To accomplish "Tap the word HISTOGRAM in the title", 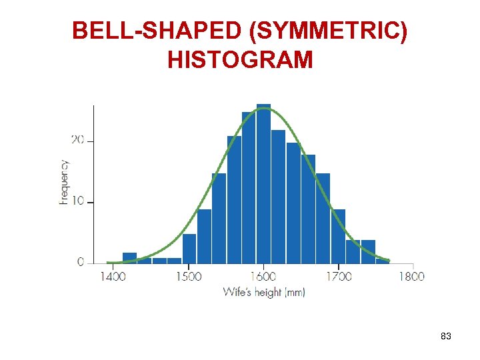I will coord(240,60).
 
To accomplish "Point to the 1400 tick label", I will coord(113,276).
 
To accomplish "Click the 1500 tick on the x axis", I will coord(189,276).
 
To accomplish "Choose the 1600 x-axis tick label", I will coord(264,276).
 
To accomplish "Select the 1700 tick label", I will coord(339,276).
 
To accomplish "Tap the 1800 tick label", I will coord(412,276).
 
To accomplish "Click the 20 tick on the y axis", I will coord(77,140).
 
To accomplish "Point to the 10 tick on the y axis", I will coord(77,201).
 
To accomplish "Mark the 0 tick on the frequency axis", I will coord(81,262).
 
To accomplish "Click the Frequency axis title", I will coord(64,182).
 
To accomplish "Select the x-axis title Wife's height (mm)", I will coord(263,292).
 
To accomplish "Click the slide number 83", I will coord(446,337).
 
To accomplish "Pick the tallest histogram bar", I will coord(263,183).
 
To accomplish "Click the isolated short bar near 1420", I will coord(129,258).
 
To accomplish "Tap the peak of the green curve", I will coord(264,108).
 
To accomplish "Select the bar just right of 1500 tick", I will coord(189,248).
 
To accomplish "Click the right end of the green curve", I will coord(389,261).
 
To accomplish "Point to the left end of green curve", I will coord(108,263).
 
